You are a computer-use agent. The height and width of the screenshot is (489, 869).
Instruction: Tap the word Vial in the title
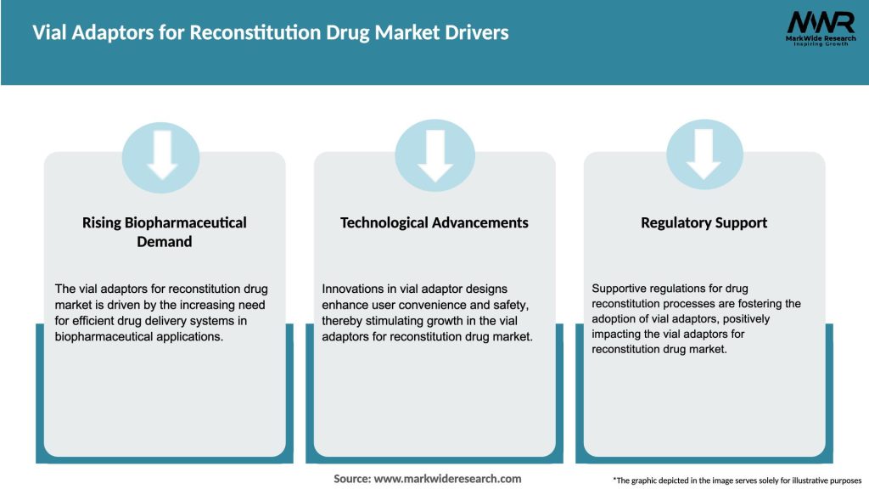[49, 33]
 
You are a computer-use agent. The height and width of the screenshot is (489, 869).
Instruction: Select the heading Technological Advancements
[434, 222]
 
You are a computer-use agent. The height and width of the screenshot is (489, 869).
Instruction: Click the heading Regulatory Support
[704, 222]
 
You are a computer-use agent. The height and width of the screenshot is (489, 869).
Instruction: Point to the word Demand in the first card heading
[165, 241]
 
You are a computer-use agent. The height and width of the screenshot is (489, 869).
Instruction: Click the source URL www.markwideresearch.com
[447, 479]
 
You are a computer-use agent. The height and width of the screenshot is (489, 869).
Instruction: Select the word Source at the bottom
[352, 479]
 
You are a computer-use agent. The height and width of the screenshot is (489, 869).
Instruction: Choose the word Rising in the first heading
[103, 222]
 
